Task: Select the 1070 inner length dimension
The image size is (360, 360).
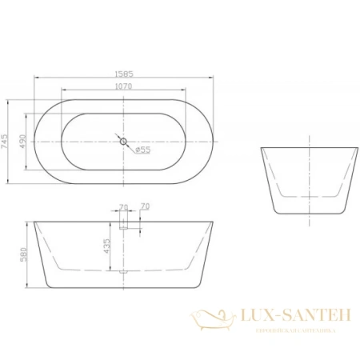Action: tap(124, 86)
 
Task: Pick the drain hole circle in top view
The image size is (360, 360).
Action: tap(124, 142)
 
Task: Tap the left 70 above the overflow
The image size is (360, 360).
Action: tap(122, 208)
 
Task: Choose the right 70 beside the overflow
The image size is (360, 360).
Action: tap(145, 208)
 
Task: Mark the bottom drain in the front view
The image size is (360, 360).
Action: tap(124, 273)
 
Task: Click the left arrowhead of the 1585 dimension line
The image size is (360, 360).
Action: tap(35, 78)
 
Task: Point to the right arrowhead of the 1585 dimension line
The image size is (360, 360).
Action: tap(214, 78)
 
